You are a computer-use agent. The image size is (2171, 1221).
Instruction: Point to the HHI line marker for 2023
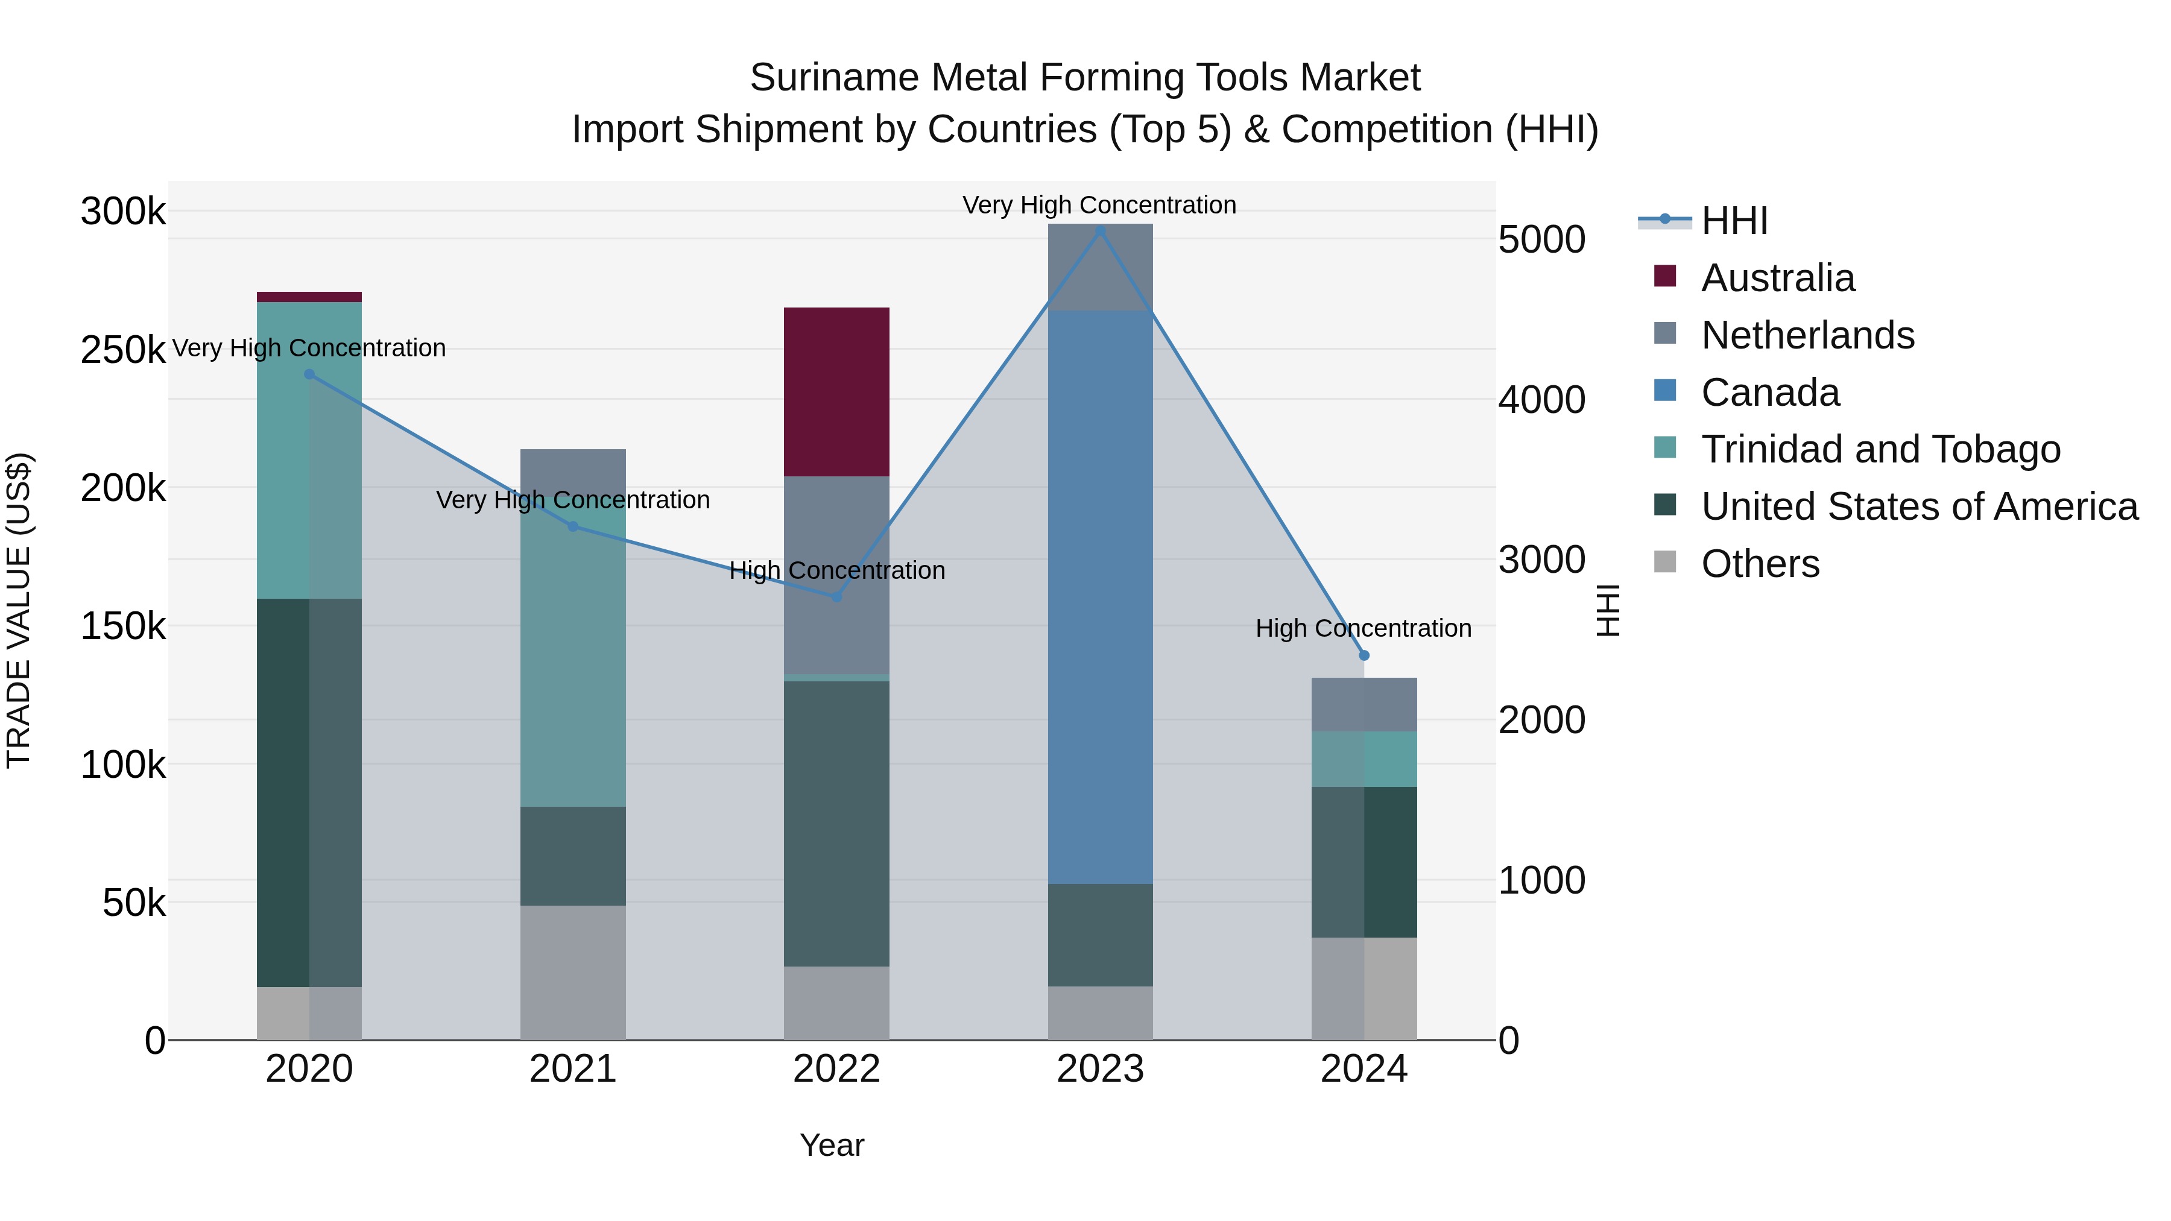point(1100,230)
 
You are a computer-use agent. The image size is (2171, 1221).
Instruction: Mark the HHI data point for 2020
point(309,374)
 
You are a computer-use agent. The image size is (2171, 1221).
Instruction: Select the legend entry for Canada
point(1770,393)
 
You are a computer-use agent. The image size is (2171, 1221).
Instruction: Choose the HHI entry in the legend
point(1734,221)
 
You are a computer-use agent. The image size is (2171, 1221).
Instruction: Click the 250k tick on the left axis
point(123,350)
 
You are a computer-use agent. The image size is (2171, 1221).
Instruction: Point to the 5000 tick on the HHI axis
point(1541,239)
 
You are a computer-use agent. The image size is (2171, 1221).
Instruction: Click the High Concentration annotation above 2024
point(1363,629)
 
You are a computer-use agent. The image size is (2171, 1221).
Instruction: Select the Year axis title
point(832,1145)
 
